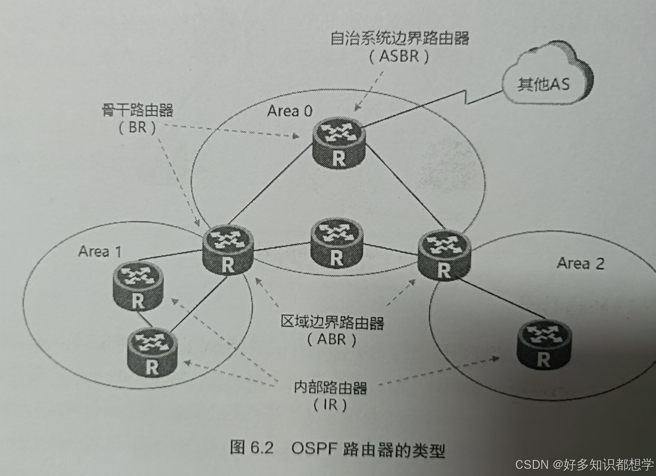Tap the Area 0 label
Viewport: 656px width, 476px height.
[x=289, y=111]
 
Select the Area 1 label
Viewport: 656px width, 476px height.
[x=100, y=252]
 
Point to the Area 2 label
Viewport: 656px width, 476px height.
[x=580, y=263]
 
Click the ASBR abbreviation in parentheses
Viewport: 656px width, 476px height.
[x=399, y=57]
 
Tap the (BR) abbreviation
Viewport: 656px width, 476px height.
[x=137, y=128]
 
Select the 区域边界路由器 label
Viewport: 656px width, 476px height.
[x=332, y=322]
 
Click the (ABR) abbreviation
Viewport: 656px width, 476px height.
[x=332, y=339]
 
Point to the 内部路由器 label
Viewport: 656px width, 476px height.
[x=330, y=387]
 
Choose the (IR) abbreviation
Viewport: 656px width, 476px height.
[x=330, y=405]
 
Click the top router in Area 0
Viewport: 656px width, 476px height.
[x=339, y=143]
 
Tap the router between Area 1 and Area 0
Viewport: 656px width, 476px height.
[x=228, y=250]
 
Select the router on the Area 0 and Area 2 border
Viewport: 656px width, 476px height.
[x=444, y=255]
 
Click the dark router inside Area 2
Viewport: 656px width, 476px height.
[x=544, y=344]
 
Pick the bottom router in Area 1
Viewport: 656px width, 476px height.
[x=152, y=352]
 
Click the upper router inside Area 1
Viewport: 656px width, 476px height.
[x=137, y=286]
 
